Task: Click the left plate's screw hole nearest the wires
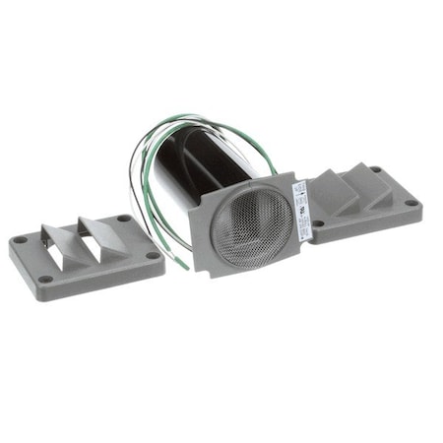pos(122,219)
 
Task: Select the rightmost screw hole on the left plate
pos(153,256)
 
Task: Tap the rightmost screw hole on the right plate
pos(411,203)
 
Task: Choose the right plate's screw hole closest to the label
pos(318,223)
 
